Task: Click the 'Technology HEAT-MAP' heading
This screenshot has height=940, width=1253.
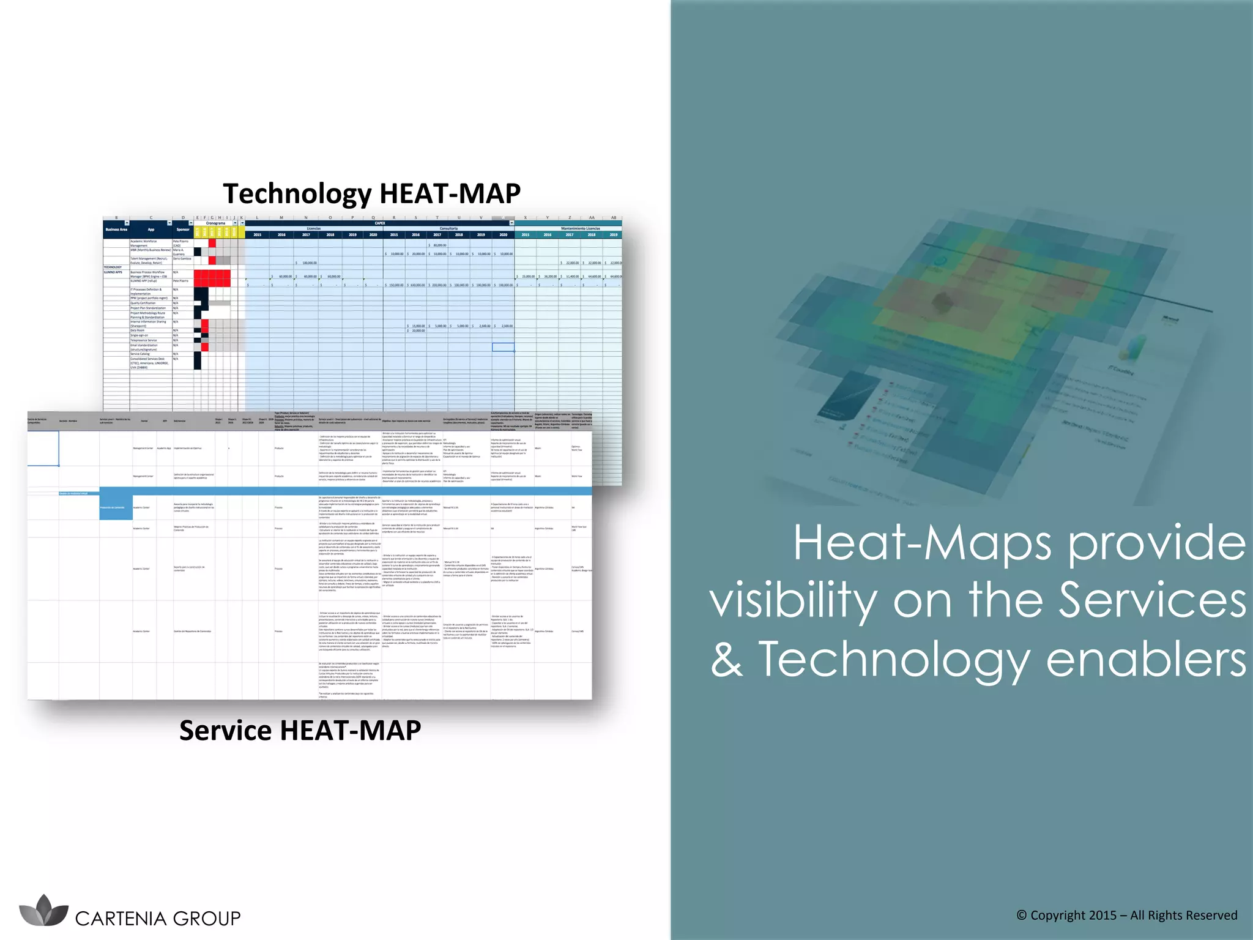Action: (371, 193)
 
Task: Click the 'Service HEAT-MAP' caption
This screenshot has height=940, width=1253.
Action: (300, 730)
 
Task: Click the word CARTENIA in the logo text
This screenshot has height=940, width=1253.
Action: (121, 919)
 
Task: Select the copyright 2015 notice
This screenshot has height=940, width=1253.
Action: (1126, 915)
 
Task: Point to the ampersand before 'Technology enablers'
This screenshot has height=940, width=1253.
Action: (726, 660)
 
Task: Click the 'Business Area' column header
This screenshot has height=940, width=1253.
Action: (116, 229)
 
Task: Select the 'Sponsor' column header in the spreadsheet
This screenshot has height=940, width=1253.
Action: (182, 229)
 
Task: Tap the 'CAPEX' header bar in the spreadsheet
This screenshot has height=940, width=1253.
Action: (379, 223)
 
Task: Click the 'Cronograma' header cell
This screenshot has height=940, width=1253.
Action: (215, 223)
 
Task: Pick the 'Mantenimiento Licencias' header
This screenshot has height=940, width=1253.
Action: (580, 228)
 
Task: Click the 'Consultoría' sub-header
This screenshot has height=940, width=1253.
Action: (448, 228)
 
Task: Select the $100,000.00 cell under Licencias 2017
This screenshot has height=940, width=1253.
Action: (306, 263)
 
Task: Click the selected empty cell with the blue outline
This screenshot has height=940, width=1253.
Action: (503, 347)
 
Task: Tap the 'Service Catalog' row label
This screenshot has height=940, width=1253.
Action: (140, 354)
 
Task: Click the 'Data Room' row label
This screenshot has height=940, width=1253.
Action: (138, 330)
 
